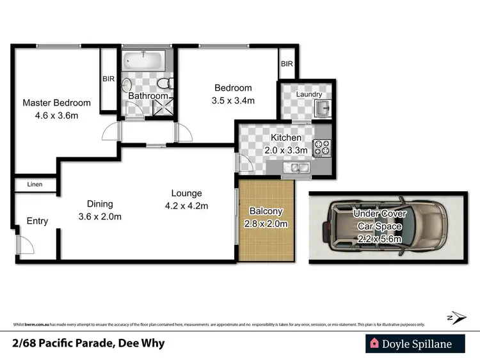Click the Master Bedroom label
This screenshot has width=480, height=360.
point(56,102)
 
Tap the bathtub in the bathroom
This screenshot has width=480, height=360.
point(144,63)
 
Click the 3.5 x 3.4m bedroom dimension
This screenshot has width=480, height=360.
point(233,100)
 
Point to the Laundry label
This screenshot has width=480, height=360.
point(308,94)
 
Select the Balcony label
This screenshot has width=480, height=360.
point(265,211)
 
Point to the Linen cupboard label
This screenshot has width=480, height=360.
point(35,185)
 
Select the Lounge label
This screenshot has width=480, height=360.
point(186,193)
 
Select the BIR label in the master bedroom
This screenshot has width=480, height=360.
point(108,79)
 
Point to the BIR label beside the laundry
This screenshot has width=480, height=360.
point(287,64)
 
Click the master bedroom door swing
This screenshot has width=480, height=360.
point(112,132)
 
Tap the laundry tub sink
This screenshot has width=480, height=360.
point(324,107)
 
